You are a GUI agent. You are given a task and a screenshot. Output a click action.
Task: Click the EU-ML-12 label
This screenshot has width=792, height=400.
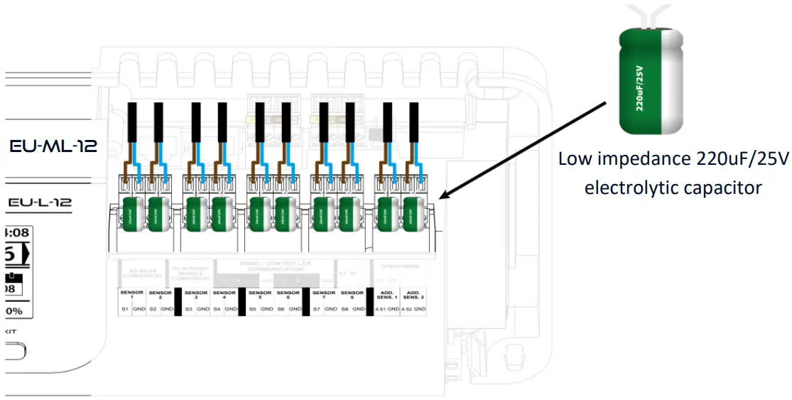[53, 146]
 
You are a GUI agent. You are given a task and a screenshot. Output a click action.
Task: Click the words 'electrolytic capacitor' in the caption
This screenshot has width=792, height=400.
[673, 188]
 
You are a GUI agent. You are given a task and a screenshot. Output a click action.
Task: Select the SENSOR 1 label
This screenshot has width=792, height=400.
[132, 294]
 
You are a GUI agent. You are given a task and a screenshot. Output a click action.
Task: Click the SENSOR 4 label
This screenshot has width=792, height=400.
[224, 294]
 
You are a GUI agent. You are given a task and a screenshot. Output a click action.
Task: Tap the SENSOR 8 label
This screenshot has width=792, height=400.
[352, 294]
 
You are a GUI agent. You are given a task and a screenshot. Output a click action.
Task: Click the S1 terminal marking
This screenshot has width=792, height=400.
[124, 310]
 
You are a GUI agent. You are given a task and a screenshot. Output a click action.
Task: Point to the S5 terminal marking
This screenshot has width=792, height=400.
[252, 310]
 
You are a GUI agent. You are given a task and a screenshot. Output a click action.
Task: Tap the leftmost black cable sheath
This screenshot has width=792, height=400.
[131, 121]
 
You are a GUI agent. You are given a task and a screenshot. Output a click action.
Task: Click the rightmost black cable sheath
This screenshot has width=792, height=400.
[413, 121]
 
